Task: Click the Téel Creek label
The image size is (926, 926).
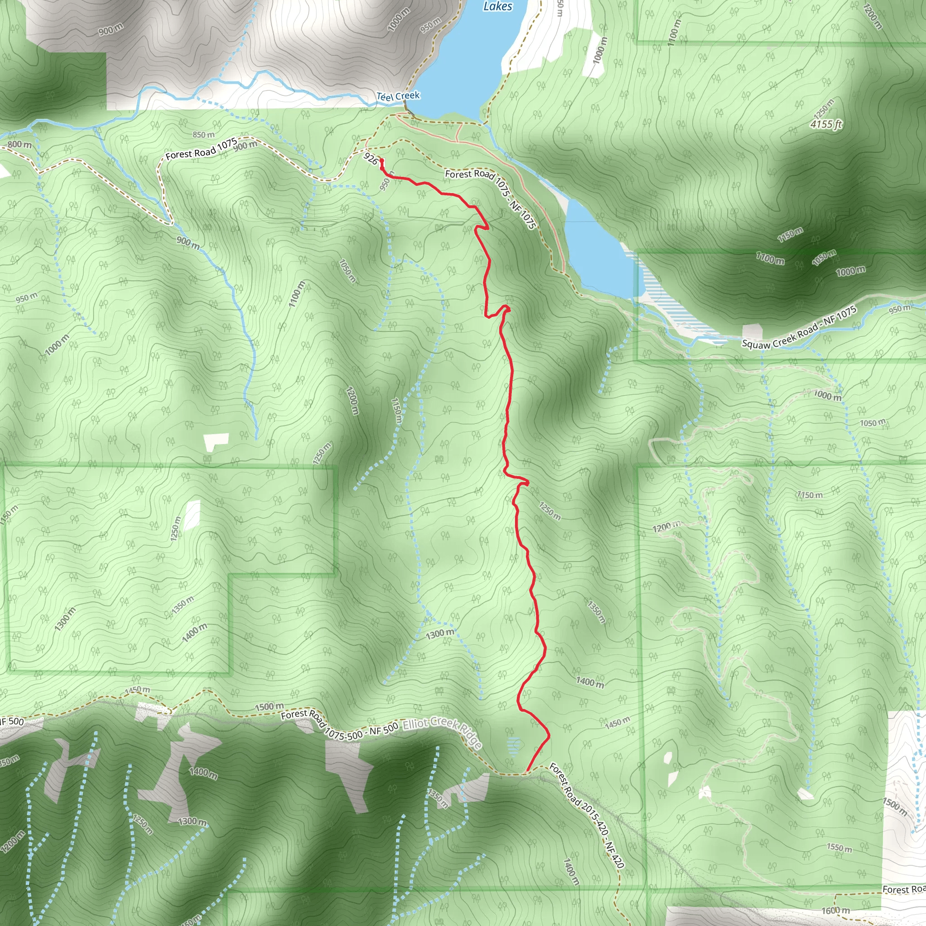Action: click(398, 96)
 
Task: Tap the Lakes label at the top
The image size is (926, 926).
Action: click(497, 6)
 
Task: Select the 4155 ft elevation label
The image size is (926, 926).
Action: click(826, 125)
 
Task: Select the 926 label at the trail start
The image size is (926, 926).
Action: click(370, 159)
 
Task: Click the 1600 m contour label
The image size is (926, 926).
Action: click(836, 910)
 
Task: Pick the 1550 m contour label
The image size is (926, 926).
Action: click(839, 848)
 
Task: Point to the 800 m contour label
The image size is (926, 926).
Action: click(19, 145)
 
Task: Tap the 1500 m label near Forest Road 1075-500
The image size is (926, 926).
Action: click(269, 707)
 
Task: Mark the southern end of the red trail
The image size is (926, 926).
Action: click(528, 771)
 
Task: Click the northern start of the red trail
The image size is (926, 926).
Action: click(381, 160)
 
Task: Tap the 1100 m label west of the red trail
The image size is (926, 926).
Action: click(297, 294)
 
